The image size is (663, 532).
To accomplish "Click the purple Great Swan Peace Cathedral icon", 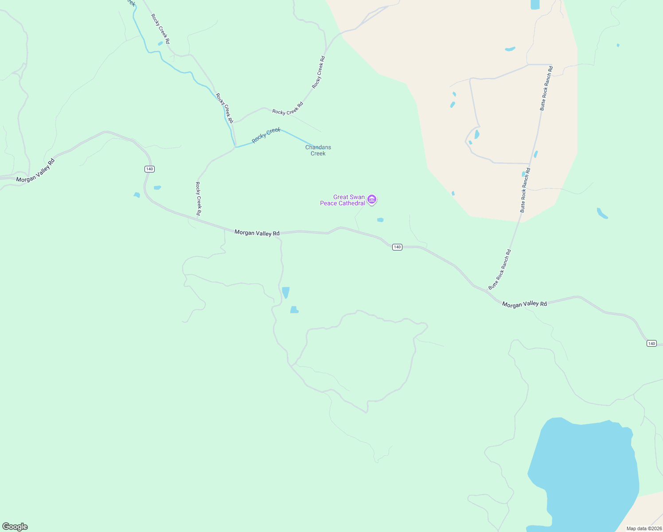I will tap(372, 200).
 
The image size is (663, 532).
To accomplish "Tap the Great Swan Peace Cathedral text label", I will tap(343, 200).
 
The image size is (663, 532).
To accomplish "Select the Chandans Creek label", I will tap(318, 150).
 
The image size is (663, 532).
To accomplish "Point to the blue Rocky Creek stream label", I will tap(266, 135).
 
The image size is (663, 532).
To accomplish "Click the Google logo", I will tap(15, 527).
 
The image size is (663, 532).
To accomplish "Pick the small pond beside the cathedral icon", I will tap(380, 220).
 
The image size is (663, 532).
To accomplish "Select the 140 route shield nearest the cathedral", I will tap(397, 247).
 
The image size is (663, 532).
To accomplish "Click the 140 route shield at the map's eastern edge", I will tap(651, 344).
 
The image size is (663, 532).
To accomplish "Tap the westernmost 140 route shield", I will tap(149, 169).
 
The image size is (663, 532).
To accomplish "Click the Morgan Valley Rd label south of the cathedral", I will tap(257, 233).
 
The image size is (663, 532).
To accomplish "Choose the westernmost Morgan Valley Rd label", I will tap(35, 170).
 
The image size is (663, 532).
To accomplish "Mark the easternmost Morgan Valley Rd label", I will tap(524, 304).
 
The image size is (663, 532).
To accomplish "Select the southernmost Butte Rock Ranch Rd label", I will tap(500, 270).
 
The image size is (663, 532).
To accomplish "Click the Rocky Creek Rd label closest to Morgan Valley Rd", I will tap(199, 199).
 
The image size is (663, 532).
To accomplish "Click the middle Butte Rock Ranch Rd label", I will tap(525, 190).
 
